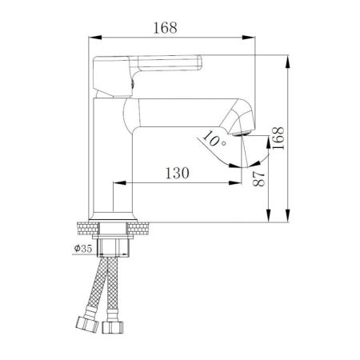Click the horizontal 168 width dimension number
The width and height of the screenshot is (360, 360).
(166, 26)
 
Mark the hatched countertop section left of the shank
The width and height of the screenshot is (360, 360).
(87, 226)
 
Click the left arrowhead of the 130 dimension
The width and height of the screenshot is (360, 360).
(114, 183)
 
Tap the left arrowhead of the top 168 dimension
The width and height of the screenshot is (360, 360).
(90, 37)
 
